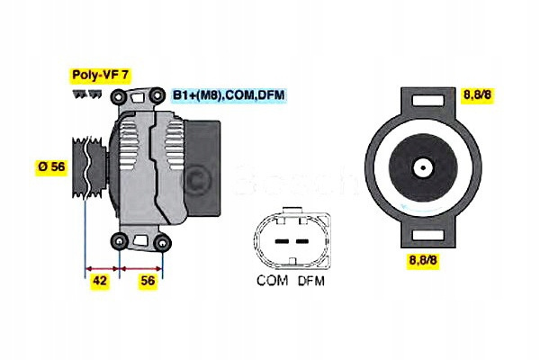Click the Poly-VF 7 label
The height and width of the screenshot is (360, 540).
(101, 76)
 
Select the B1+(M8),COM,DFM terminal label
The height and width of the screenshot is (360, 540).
(229, 95)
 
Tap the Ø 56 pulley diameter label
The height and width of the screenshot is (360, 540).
(51, 166)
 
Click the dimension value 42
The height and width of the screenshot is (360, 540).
(100, 281)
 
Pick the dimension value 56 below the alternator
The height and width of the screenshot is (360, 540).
(148, 281)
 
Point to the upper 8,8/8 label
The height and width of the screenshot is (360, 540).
(477, 94)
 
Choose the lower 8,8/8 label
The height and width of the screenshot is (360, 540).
(423, 260)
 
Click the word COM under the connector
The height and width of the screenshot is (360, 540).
(272, 281)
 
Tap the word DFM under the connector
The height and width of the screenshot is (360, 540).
(311, 281)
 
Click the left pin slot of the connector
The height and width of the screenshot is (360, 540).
(282, 241)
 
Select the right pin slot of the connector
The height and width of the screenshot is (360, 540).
(302, 241)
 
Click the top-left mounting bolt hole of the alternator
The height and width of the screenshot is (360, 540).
(118, 97)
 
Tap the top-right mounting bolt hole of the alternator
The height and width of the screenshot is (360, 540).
(157, 94)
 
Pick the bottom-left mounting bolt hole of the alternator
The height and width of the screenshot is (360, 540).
(120, 240)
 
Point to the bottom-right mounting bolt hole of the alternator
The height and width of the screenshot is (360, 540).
(162, 242)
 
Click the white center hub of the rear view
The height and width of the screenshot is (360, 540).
(423, 168)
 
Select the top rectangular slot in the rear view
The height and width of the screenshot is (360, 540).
(428, 100)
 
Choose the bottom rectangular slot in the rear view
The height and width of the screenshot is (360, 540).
(428, 235)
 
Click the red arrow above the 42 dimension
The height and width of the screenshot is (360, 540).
(103, 268)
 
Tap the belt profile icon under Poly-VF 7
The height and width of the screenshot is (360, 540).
(87, 94)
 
